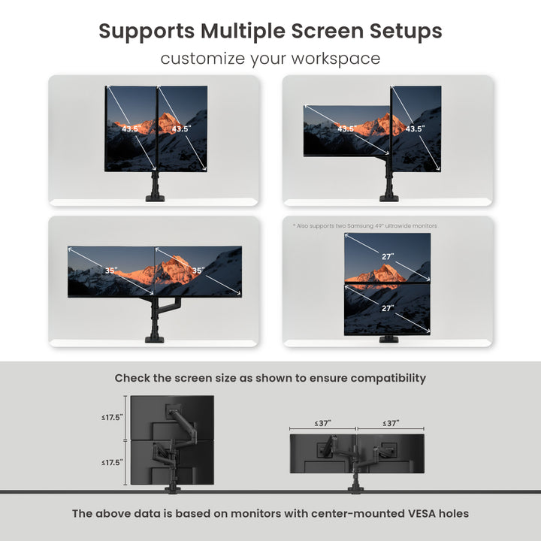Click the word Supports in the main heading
pos(147,32)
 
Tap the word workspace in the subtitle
pos(336,59)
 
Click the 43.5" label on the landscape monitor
pos(346,128)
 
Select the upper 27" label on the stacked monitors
pos(388,256)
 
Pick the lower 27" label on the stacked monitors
pos(388,308)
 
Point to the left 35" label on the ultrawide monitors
pos(111,270)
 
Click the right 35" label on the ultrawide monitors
pos(198,270)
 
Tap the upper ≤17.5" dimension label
pos(112,418)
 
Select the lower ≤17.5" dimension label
pos(112,463)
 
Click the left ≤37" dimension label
pos(322,423)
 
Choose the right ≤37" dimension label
pos(391,423)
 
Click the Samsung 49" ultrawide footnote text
pos(365,226)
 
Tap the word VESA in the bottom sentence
pos(422,513)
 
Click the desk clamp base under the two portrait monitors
pos(155,198)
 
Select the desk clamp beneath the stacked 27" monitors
pos(389,339)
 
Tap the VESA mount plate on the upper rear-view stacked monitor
pos(172,412)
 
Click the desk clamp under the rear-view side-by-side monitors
pos(355,489)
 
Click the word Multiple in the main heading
pos(243,31)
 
